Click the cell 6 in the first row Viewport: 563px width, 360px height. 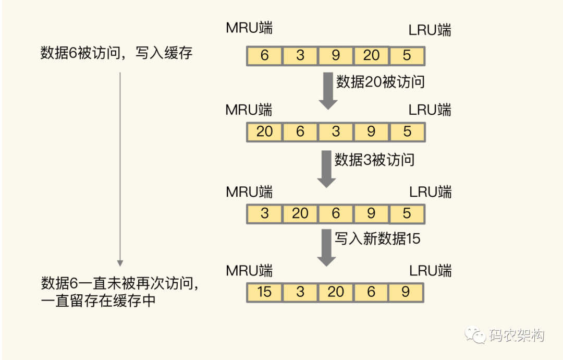pyautogui.click(x=265, y=56)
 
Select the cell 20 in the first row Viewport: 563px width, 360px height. pyautogui.click(x=371, y=56)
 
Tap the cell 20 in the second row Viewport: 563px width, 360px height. pyautogui.click(x=265, y=132)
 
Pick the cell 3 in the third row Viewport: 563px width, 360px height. pyautogui.click(x=265, y=214)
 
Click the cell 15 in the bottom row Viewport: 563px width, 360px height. pyautogui.click(x=265, y=292)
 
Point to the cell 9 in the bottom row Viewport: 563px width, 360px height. pyautogui.click(x=406, y=292)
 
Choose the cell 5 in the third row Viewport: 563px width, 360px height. pyautogui.click(x=407, y=214)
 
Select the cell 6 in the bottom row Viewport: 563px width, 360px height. pyautogui.click(x=371, y=292)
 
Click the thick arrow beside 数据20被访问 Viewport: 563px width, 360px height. pyautogui.click(x=328, y=91)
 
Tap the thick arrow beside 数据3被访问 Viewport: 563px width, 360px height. pyautogui.click(x=326, y=169)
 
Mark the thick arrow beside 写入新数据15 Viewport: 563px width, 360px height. pyautogui.click(x=326, y=248)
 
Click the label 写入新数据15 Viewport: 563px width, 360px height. pyautogui.click(x=377, y=238)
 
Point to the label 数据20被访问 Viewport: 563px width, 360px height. pyautogui.click(x=380, y=82)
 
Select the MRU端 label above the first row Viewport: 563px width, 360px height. pyautogui.click(x=249, y=28)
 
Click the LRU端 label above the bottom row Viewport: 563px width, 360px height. pyautogui.click(x=431, y=271)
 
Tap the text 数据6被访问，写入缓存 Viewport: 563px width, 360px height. pyautogui.click(x=116, y=53)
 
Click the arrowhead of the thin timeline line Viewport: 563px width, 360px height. pyautogui.click(x=120, y=263)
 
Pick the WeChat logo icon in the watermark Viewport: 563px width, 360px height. pyautogui.click(x=475, y=334)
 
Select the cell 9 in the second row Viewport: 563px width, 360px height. pyautogui.click(x=371, y=132)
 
